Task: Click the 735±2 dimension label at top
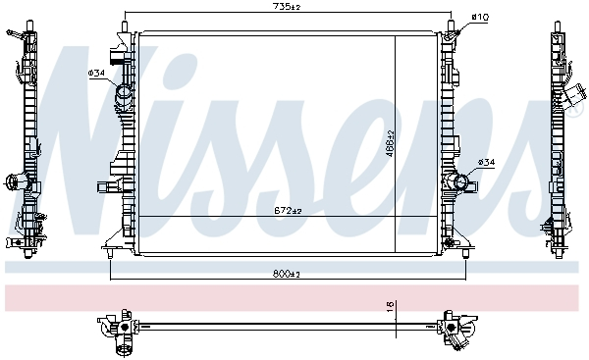tap(288, 8)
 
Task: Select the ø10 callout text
tap(480, 17)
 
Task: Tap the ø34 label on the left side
tap(97, 74)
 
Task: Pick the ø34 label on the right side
tap(486, 162)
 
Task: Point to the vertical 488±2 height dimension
tap(390, 142)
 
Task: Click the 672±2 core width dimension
tap(288, 211)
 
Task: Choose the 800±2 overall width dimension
tap(288, 274)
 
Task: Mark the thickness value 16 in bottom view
tap(390, 306)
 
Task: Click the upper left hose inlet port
tap(124, 97)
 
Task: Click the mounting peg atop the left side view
tap(15, 35)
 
